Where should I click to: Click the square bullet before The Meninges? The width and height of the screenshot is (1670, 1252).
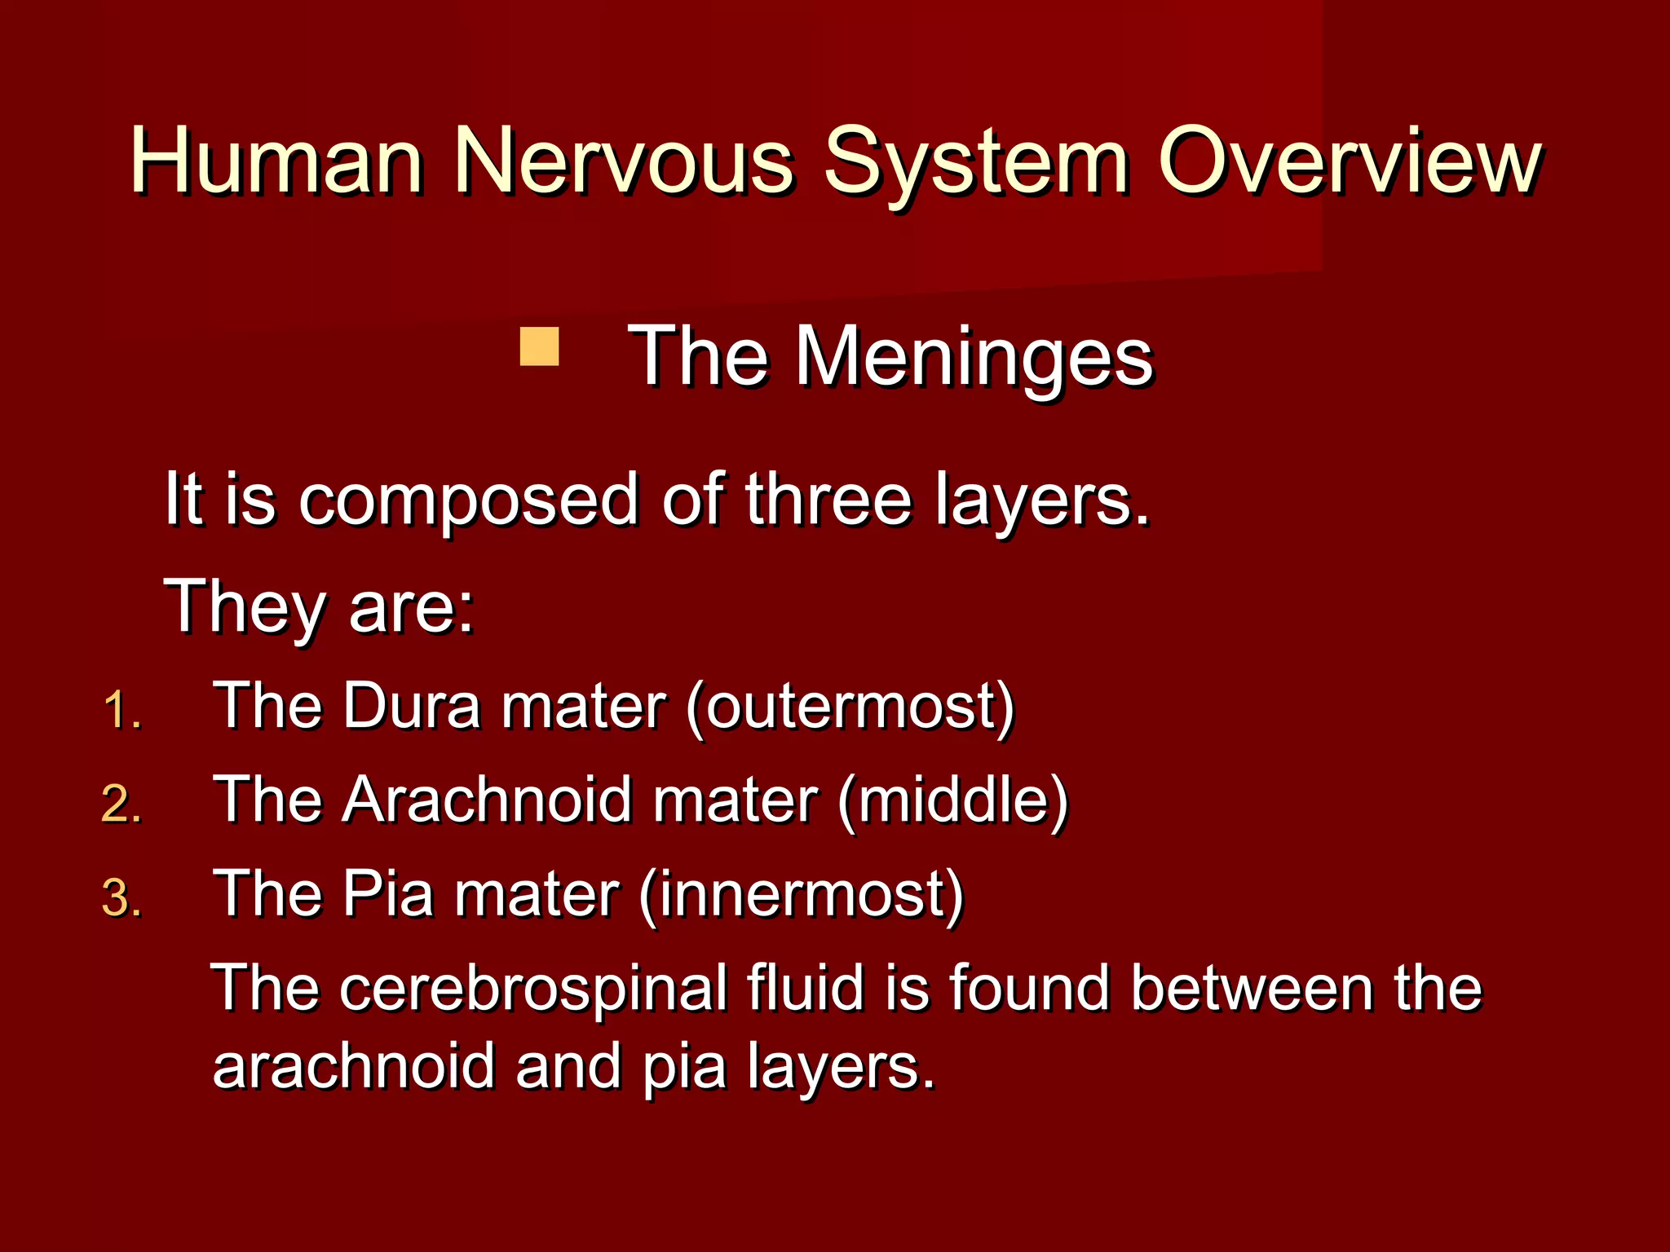539,346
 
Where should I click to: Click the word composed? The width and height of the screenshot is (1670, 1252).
468,500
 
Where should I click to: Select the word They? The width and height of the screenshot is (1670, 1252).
245,607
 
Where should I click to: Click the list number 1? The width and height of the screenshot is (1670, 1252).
122,710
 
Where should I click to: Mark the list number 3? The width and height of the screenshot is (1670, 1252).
122,898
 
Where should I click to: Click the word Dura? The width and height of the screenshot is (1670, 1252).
412,706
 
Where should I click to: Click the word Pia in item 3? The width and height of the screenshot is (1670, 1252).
387,894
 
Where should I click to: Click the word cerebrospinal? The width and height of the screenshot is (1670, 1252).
533,989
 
